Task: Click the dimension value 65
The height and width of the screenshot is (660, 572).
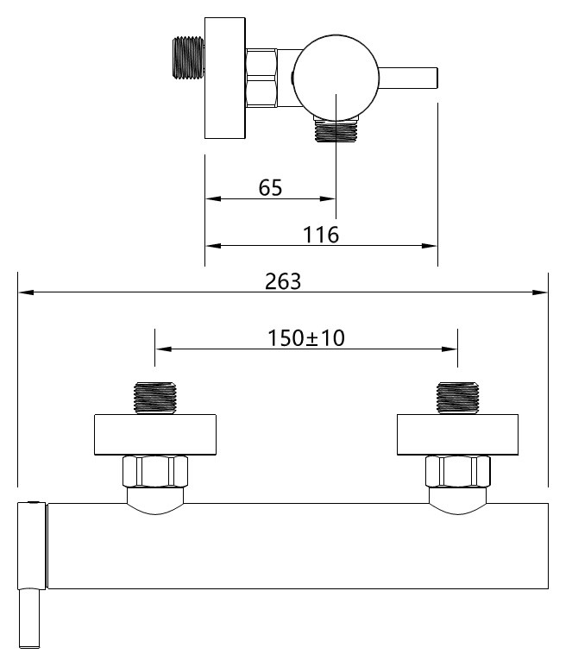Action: pos(270,188)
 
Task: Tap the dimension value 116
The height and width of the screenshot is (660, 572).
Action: pos(321,235)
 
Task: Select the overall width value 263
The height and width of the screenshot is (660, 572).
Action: pos(283,281)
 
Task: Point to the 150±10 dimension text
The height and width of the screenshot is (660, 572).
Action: pos(306,338)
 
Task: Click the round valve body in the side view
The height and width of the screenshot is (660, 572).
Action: pos(336,78)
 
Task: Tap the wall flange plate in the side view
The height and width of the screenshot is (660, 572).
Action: pos(225,78)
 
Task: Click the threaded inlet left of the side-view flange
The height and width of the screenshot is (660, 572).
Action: pos(189,58)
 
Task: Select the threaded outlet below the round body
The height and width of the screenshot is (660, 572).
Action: pos(336,129)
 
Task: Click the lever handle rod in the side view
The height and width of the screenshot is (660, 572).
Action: pos(408,78)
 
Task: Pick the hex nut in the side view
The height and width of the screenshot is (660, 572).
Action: pos(261,78)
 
